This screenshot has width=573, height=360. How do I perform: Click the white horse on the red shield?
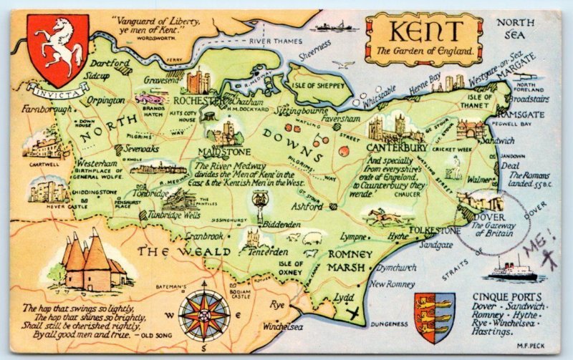(x=57, y=46)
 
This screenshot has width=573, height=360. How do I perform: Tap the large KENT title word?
(x=423, y=32)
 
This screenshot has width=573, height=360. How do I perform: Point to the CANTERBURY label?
(x=397, y=147)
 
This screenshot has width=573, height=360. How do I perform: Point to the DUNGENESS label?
(x=390, y=324)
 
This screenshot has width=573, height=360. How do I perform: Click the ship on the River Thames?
(x=337, y=26)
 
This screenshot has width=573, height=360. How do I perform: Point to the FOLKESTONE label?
(x=435, y=230)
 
